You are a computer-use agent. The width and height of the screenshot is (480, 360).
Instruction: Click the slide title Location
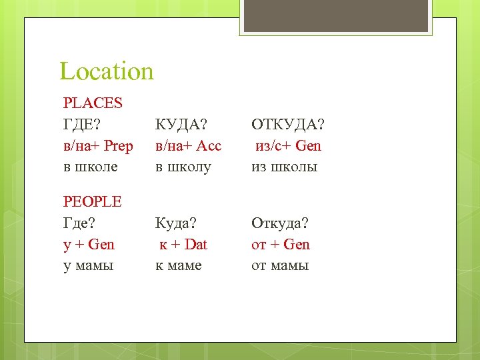click(107, 71)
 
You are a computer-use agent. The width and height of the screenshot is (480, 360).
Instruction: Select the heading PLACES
click(93, 103)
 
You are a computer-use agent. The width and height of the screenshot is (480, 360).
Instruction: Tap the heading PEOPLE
click(93, 201)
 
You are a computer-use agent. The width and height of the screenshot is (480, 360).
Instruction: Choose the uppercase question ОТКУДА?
click(287, 125)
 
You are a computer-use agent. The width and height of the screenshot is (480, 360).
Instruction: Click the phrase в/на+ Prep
click(98, 146)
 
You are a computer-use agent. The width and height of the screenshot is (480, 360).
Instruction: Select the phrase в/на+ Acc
click(188, 146)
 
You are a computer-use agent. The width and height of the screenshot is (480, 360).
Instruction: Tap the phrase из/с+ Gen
click(288, 146)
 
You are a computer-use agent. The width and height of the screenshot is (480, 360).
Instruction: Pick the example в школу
click(183, 167)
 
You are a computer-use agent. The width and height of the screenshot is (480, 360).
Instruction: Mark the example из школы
click(285, 167)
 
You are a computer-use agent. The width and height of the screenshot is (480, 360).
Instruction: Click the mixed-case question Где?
click(80, 223)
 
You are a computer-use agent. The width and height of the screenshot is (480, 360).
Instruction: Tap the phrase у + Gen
click(89, 244)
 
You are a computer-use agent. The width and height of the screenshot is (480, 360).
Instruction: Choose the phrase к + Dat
click(183, 244)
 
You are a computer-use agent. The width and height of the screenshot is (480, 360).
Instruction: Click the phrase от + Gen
click(281, 244)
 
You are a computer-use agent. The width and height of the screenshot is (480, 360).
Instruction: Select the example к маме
click(178, 265)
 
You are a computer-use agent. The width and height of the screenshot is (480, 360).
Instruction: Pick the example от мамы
click(280, 265)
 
